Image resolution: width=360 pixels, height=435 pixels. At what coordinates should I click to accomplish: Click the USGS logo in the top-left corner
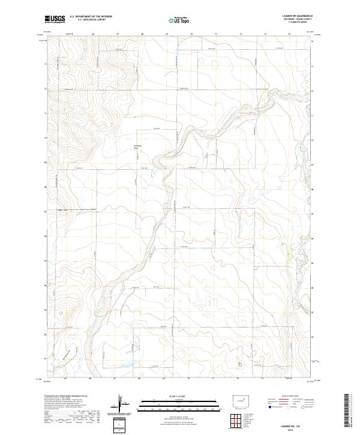pyautogui.click(x=56, y=19)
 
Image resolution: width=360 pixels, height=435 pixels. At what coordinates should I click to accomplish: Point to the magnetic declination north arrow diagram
pyautogui.click(x=122, y=405)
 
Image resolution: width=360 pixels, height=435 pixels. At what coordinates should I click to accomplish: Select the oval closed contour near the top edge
pyautogui.click(x=215, y=63)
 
